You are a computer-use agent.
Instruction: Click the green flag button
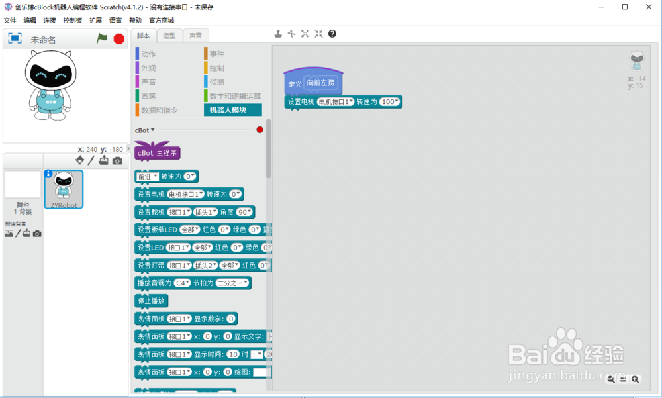(102, 38)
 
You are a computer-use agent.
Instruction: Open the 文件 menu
(9, 21)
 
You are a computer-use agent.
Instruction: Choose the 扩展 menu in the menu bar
(95, 21)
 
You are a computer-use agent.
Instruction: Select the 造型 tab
(169, 36)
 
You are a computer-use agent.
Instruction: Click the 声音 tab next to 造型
(196, 36)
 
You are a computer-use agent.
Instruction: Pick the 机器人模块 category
(228, 110)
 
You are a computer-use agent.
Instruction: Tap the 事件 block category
(217, 54)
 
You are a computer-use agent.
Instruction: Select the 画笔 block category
(148, 96)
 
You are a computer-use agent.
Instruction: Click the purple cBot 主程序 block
(157, 153)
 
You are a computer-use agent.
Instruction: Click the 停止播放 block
(152, 301)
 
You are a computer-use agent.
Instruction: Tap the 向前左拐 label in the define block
(321, 83)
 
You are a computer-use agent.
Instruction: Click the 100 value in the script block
(389, 102)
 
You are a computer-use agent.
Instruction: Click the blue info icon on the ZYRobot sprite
(48, 174)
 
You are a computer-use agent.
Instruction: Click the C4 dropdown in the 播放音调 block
(182, 283)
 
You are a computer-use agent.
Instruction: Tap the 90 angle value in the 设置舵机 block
(244, 212)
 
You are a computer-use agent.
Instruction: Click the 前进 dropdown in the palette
(146, 176)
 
